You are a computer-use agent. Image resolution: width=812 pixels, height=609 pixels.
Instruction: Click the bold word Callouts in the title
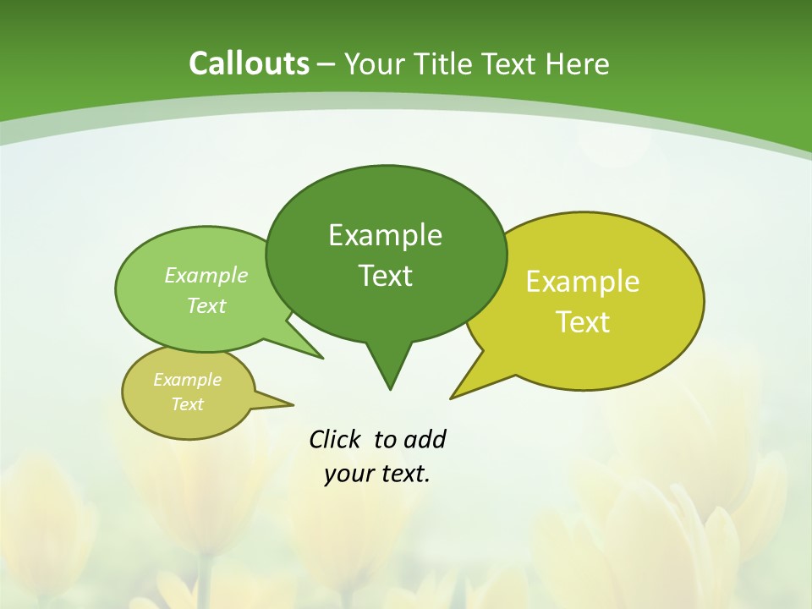249,63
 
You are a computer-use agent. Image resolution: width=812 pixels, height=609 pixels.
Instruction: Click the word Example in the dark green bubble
385,235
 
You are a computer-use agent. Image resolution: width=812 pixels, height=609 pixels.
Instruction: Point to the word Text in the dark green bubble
385,276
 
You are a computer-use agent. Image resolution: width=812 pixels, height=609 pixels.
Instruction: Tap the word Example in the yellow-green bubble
583,282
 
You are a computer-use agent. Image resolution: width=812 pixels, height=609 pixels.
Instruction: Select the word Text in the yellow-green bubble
583,322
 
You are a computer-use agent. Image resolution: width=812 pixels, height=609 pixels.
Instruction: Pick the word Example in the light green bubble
206,275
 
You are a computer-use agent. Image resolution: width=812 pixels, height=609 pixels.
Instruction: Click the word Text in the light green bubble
206,305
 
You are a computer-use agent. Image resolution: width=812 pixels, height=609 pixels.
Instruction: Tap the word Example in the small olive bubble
187,380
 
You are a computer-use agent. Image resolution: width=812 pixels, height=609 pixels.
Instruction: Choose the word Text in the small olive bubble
188,404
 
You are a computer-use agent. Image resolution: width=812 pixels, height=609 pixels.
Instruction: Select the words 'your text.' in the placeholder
377,474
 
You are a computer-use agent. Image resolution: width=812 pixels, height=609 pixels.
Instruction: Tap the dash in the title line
326,63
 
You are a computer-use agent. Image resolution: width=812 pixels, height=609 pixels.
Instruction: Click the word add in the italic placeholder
425,439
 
